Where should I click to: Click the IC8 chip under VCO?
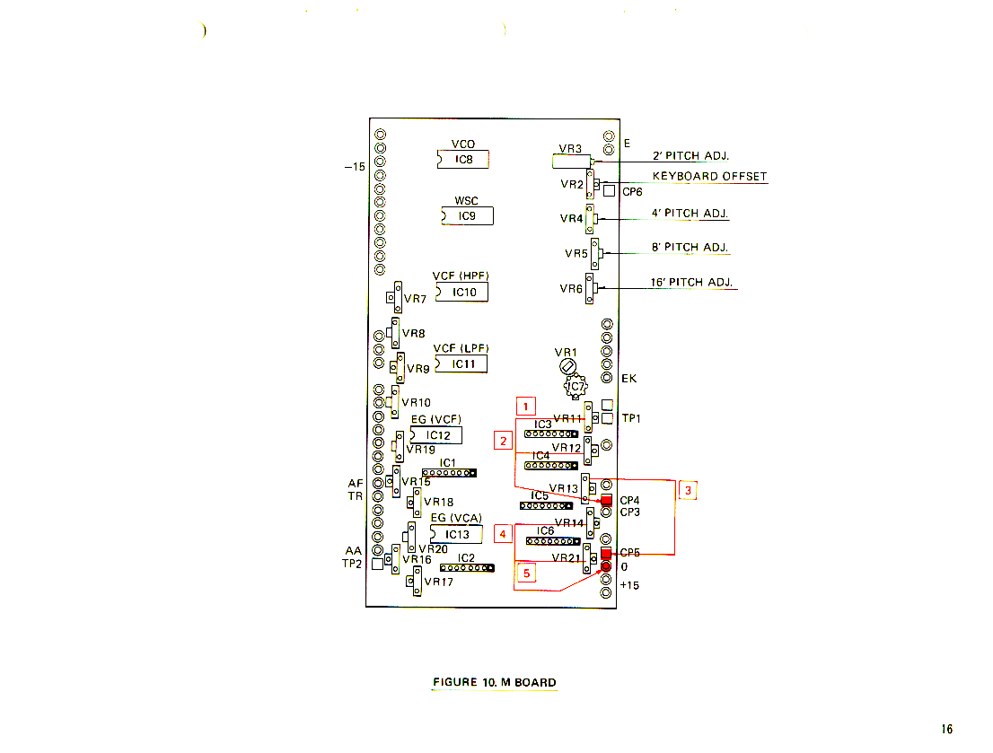click(463, 159)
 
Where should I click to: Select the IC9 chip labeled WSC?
click(468, 216)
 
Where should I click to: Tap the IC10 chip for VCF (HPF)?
click(462, 292)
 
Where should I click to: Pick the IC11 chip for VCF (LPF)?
click(461, 363)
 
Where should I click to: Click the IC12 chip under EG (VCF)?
click(436, 435)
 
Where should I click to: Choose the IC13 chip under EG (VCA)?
click(457, 535)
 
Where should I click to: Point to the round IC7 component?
click(575, 386)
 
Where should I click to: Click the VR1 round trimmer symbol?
click(567, 366)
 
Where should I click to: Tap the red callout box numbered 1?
click(525, 406)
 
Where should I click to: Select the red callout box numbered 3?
click(688, 490)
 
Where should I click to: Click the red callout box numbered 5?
click(526, 574)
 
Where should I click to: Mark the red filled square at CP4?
click(606, 500)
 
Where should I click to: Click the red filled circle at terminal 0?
click(606, 566)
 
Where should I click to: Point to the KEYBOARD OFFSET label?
click(709, 176)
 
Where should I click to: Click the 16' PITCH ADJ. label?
click(691, 282)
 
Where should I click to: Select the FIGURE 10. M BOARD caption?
click(495, 682)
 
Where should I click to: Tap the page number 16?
click(947, 729)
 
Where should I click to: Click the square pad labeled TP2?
click(377, 564)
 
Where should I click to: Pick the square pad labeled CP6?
click(610, 190)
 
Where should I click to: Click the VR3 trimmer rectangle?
click(571, 162)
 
